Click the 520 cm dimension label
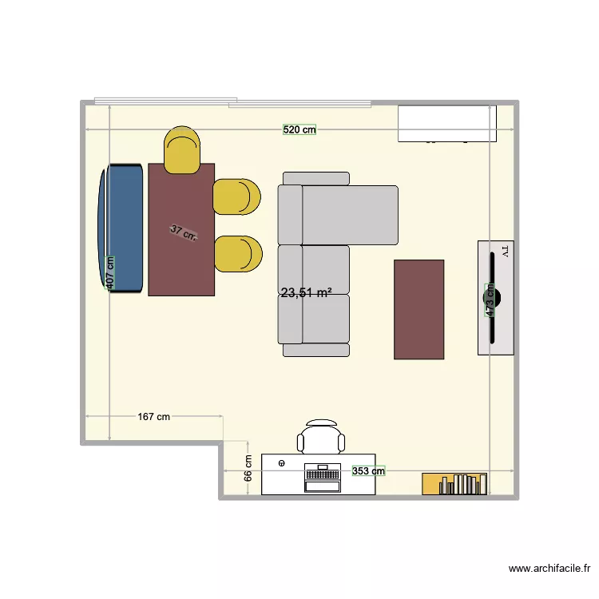[x=299, y=129]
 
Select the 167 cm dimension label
[x=153, y=417]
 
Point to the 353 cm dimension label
[x=368, y=471]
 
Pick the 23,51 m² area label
[x=306, y=293]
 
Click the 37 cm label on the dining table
[x=184, y=233]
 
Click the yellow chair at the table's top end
[x=182, y=150]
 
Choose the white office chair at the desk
[x=322, y=437]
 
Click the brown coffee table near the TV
[x=419, y=309]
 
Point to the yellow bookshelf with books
[x=454, y=484]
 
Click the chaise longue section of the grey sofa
[x=350, y=215]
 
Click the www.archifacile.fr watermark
[x=550, y=569]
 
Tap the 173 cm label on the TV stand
[x=490, y=300]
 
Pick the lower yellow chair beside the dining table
[x=237, y=254]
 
